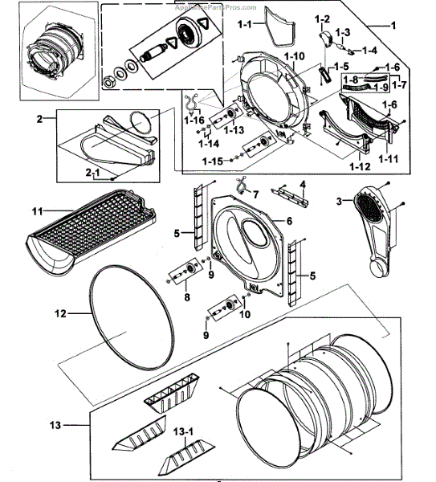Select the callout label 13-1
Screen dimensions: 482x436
[x=184, y=431]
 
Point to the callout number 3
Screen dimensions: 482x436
[x=339, y=201]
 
